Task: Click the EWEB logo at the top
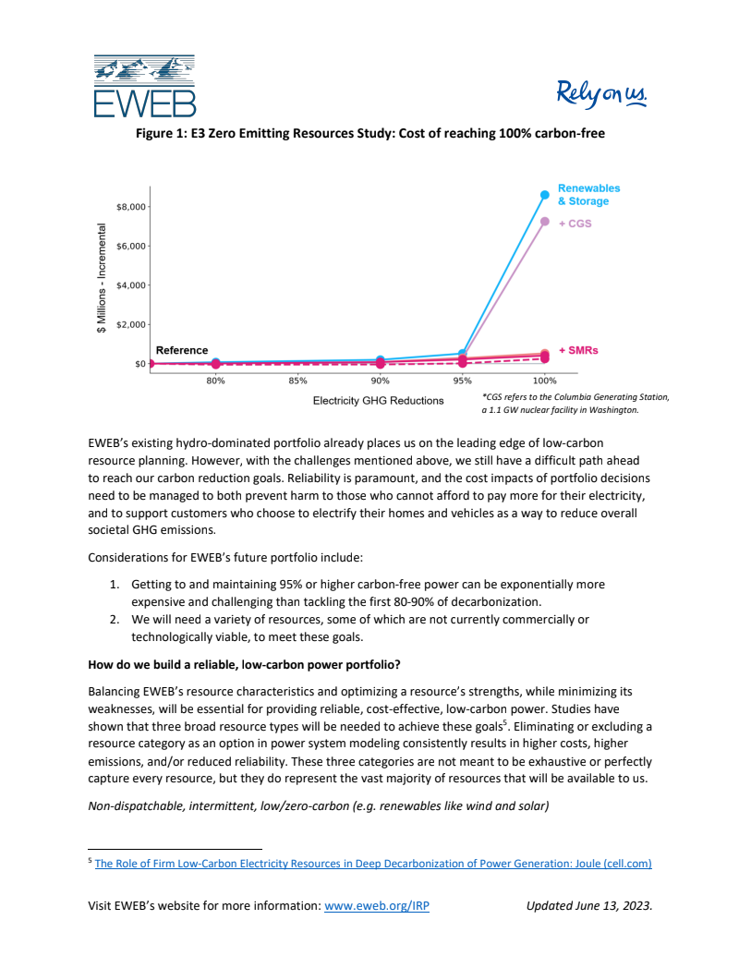(x=144, y=85)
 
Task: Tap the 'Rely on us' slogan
(x=602, y=93)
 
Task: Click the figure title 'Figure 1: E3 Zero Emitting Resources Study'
(x=369, y=134)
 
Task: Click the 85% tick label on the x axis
(x=297, y=380)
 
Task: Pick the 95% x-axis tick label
(x=462, y=380)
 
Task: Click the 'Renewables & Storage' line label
(x=588, y=195)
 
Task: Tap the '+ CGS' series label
(x=575, y=223)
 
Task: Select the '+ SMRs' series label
(x=578, y=350)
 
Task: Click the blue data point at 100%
(x=545, y=195)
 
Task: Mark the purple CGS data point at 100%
(x=545, y=222)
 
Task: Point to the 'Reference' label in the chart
(x=182, y=351)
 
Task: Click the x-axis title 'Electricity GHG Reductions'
(x=378, y=401)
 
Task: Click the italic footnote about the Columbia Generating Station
(x=575, y=403)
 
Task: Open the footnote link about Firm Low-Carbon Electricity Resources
(x=373, y=864)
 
